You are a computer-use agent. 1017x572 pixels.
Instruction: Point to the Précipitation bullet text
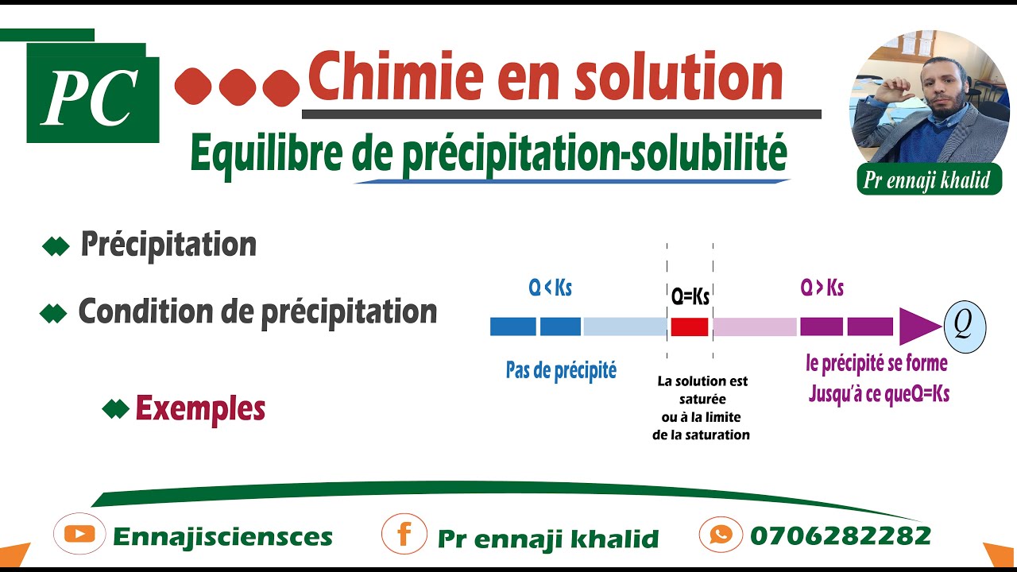point(168,245)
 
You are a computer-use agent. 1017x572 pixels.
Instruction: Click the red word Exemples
point(200,408)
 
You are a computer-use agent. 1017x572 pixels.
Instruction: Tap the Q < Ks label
point(550,288)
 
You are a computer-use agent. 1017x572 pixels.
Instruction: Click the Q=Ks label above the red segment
point(690,297)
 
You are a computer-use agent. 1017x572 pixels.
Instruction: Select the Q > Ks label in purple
point(822,288)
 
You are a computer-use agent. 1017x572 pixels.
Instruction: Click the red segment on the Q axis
point(689,327)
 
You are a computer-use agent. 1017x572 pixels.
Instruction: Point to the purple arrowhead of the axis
point(918,326)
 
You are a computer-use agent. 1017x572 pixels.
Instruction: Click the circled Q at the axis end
point(964,326)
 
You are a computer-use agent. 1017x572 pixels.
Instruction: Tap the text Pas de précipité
point(561,370)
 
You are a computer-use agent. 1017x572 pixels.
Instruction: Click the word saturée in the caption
point(702,400)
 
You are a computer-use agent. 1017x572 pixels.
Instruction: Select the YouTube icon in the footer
point(79,535)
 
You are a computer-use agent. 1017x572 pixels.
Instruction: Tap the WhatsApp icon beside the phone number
point(721,534)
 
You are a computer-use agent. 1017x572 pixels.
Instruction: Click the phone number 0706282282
point(840,535)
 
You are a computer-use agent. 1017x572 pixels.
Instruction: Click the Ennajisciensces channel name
point(222,537)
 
